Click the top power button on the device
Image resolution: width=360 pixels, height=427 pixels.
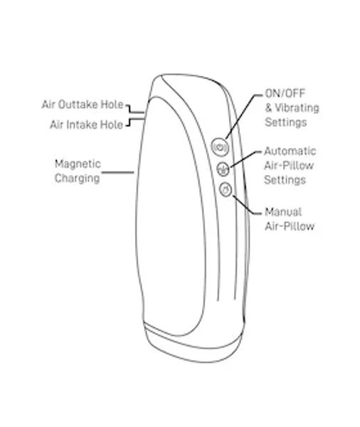tap(220, 147)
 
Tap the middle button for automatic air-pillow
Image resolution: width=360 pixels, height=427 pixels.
tap(223, 169)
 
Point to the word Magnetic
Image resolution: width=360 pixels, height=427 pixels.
tap(78, 164)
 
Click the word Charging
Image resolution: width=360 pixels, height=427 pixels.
tap(77, 179)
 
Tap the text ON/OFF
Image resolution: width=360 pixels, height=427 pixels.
tap(285, 93)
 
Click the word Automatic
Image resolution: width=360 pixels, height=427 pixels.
tap(290, 151)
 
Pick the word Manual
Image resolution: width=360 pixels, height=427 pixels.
tap(283, 212)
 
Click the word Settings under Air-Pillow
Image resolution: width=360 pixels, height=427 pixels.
tap(285, 180)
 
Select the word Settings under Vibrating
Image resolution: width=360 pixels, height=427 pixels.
tap(286, 122)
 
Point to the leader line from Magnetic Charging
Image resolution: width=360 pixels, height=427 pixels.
tap(118, 172)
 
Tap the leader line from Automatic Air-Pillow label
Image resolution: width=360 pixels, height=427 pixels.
tap(245, 159)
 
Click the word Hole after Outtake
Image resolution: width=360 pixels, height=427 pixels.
tap(112, 105)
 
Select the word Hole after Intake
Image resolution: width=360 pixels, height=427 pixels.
tap(112, 125)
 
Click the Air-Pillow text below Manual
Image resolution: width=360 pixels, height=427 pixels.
tap(290, 226)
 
